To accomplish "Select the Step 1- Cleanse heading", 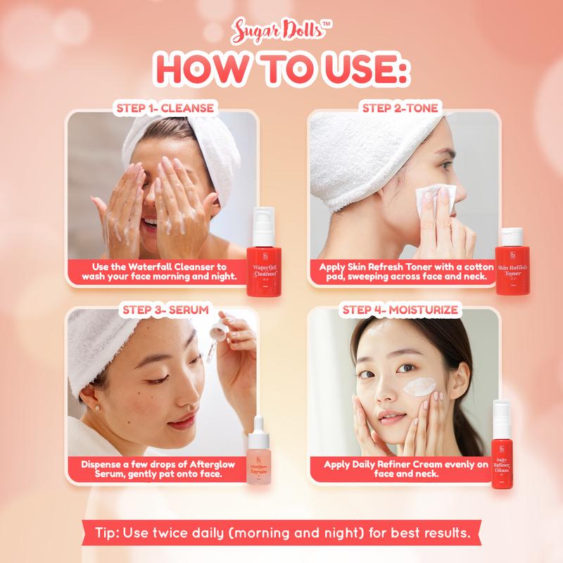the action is [165, 108].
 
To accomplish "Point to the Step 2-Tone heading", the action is [400, 108].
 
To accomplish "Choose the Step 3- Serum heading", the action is [165, 310].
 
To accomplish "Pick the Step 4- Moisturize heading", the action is [400, 310].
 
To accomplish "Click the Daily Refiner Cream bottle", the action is [502, 445].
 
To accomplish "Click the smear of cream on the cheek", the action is [419, 386].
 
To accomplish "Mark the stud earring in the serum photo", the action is [96, 408].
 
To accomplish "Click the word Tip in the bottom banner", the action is [107, 533].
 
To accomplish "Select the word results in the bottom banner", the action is [448, 532].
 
